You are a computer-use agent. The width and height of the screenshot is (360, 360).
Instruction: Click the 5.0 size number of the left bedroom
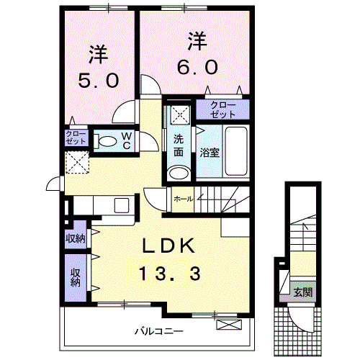(x=99, y=81)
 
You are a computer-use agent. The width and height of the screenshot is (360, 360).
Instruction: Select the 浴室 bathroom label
(x=210, y=153)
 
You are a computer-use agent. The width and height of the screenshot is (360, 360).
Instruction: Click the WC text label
(x=126, y=140)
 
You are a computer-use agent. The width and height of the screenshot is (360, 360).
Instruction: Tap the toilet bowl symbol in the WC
(x=107, y=141)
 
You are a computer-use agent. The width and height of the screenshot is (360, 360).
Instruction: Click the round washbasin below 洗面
(x=178, y=173)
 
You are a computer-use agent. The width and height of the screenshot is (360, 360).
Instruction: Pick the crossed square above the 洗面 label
(x=178, y=113)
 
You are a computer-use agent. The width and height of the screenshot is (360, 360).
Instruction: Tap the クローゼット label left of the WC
(x=76, y=139)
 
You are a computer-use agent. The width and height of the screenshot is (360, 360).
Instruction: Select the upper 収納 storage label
(x=76, y=238)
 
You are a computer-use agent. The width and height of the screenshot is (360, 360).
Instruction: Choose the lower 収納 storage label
(x=76, y=278)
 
